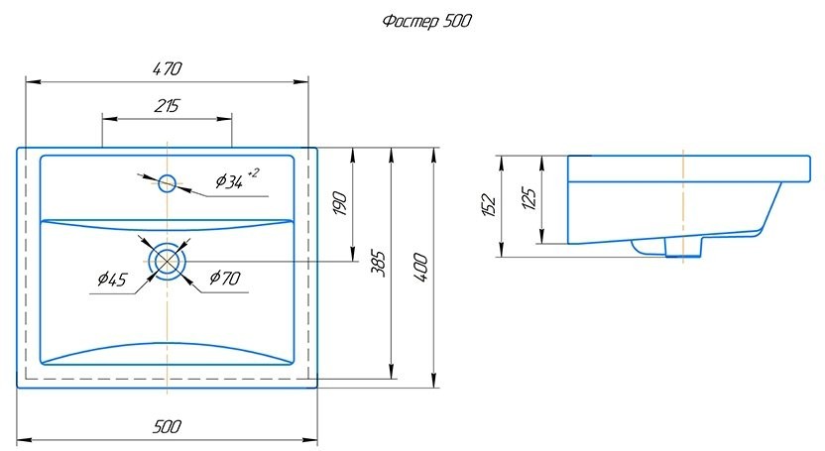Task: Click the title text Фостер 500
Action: tap(426, 22)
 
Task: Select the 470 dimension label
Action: tap(168, 68)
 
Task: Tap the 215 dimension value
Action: tap(167, 106)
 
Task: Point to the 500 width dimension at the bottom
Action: tap(168, 426)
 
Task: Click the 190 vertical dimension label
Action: tap(340, 203)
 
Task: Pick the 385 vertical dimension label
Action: tap(379, 264)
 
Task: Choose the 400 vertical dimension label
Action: tap(420, 268)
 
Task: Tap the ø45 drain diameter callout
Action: tap(112, 279)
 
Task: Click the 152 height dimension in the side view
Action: tap(488, 205)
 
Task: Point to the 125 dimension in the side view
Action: tap(529, 198)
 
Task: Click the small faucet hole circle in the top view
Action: tap(168, 183)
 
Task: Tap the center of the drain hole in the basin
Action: tap(168, 261)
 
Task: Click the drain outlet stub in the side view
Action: tap(683, 247)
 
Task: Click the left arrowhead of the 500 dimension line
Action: tap(25, 439)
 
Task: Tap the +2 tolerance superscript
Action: tap(253, 171)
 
